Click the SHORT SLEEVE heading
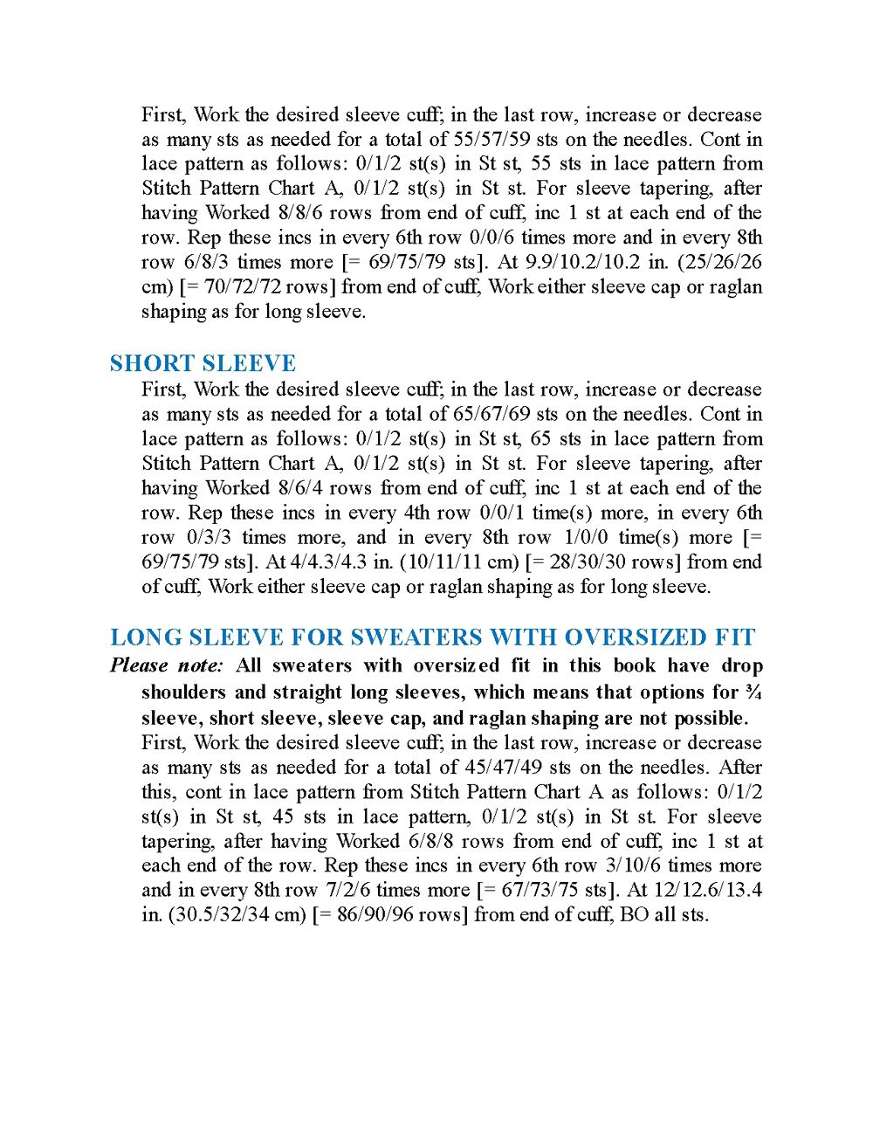click(203, 363)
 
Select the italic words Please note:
click(167, 665)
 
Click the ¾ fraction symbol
click(753, 692)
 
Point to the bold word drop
click(741, 665)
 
